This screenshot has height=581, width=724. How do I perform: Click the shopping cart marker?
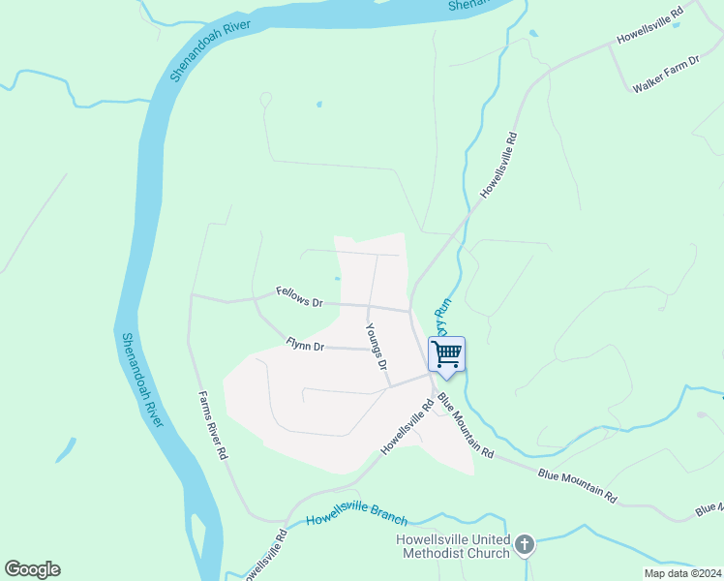pyautogui.click(x=446, y=354)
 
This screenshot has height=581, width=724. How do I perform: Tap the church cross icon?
pyautogui.click(x=524, y=545)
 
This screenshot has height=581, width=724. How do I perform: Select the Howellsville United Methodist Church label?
pyautogui.click(x=453, y=546)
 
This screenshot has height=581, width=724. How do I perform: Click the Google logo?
pyautogui.click(x=32, y=569)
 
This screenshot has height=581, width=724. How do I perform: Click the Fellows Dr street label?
pyautogui.click(x=298, y=296)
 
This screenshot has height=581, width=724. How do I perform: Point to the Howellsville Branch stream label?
pyautogui.click(x=356, y=518)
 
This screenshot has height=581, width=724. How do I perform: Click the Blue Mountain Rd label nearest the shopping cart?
pyautogui.click(x=465, y=426)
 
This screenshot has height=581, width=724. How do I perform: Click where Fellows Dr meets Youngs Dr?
pyautogui.click(x=368, y=306)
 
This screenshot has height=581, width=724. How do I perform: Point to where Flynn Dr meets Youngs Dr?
pyautogui.click(x=373, y=350)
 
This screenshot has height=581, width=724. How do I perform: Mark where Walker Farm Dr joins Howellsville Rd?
pyautogui.click(x=610, y=47)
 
